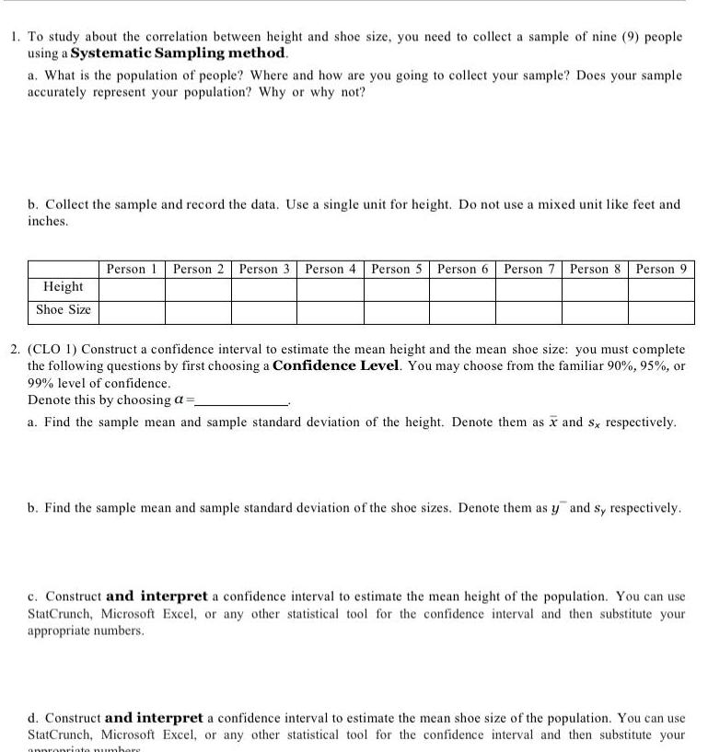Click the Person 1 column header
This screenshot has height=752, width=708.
(x=133, y=269)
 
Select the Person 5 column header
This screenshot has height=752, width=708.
(x=397, y=269)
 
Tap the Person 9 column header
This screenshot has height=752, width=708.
(x=661, y=269)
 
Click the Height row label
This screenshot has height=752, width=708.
(x=64, y=287)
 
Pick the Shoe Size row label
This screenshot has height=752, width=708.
(x=64, y=309)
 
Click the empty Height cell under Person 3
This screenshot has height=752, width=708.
(x=264, y=289)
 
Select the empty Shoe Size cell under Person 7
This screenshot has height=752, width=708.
(x=529, y=311)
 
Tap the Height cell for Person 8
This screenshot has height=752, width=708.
(x=595, y=289)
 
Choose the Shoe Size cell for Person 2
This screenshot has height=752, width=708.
(x=198, y=311)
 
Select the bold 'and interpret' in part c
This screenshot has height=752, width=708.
(x=154, y=596)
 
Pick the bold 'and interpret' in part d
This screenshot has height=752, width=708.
(x=155, y=717)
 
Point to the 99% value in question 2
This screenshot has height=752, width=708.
(x=42, y=382)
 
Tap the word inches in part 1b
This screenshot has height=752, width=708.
(x=48, y=222)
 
